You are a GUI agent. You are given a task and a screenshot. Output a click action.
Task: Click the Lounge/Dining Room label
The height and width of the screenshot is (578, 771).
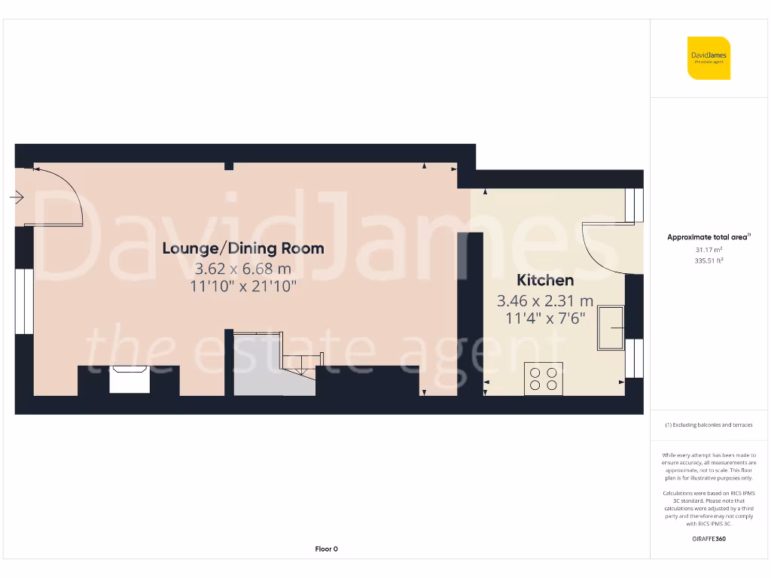[x=243, y=248]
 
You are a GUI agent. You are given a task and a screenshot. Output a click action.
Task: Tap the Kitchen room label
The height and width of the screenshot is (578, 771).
[x=545, y=280]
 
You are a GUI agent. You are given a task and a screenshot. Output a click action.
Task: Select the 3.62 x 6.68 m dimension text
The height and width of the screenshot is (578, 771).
[x=243, y=268]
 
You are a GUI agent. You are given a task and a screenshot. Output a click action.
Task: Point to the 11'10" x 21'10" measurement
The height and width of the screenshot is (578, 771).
[x=243, y=286]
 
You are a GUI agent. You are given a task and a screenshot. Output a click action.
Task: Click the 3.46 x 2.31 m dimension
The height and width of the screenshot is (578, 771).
[x=545, y=301]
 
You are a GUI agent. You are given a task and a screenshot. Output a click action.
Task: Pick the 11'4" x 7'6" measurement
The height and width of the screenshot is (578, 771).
[x=545, y=318]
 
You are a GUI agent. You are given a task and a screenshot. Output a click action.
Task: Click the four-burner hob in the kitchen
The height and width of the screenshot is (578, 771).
[x=544, y=378]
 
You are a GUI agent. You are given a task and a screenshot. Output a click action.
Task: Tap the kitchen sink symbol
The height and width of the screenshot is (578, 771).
[x=611, y=328]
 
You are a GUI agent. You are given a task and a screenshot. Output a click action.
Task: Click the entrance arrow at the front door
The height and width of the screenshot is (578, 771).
[x=17, y=197]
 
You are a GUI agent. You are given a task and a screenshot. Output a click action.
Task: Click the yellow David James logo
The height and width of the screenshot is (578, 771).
[x=709, y=58]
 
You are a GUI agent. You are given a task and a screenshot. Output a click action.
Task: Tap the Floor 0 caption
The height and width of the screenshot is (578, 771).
[x=326, y=549]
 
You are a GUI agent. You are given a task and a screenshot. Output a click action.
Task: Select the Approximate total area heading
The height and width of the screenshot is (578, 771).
[x=709, y=237]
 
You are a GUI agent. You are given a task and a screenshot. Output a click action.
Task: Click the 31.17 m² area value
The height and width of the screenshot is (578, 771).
[x=709, y=250]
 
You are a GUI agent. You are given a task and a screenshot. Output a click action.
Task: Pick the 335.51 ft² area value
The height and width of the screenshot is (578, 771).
[x=709, y=260]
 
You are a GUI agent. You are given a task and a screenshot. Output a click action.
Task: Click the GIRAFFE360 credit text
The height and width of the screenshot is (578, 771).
[x=709, y=539]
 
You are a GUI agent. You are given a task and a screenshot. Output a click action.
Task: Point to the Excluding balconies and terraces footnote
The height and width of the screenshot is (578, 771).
[x=709, y=425]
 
